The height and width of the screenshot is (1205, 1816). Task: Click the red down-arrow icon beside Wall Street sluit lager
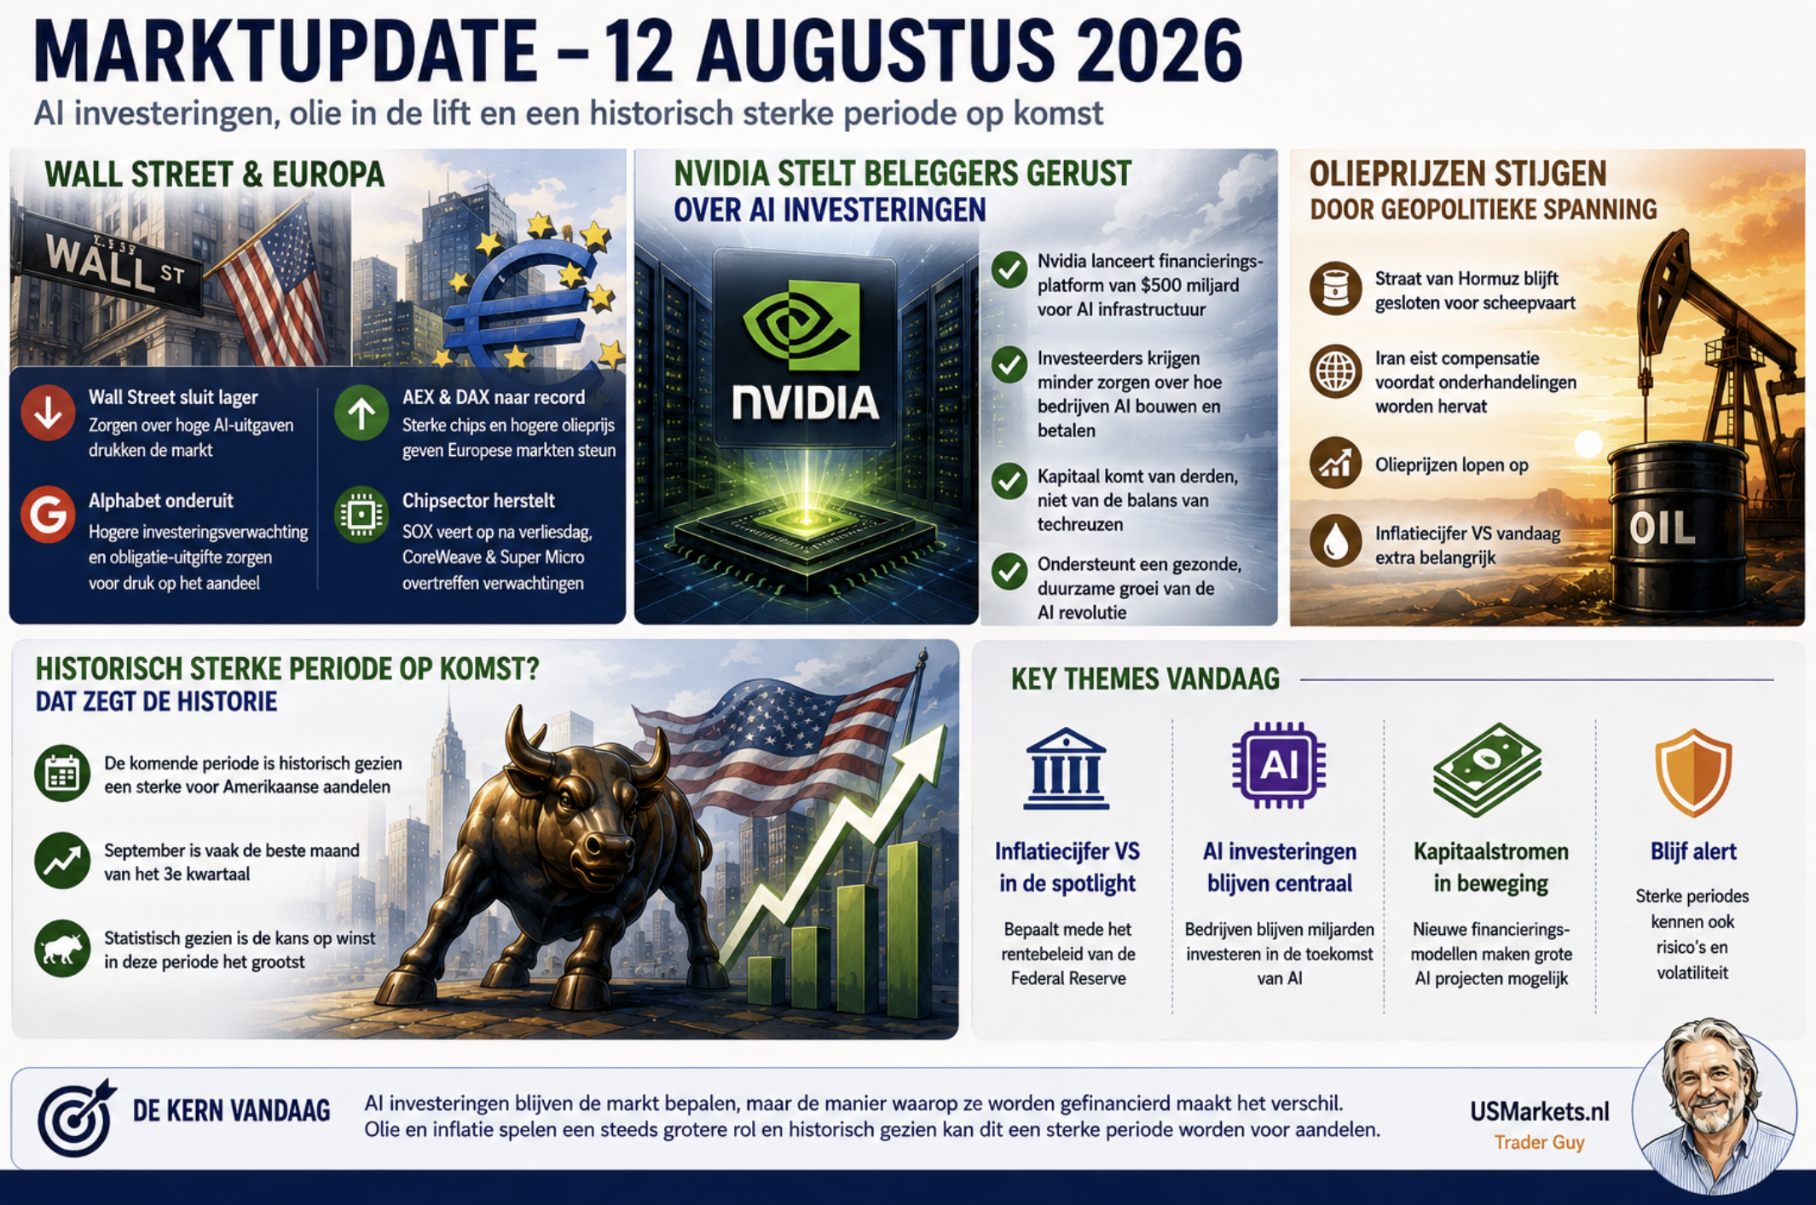point(48,412)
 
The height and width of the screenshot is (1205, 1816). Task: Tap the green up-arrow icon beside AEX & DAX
point(361,412)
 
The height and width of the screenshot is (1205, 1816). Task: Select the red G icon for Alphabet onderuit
point(48,514)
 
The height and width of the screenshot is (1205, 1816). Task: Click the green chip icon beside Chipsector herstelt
point(361,514)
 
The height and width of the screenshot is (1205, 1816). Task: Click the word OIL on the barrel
point(1662,529)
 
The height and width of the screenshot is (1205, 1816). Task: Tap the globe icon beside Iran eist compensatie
point(1335,372)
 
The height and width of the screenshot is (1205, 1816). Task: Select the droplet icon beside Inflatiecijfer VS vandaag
point(1335,541)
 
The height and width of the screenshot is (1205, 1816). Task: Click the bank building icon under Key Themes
point(1067,768)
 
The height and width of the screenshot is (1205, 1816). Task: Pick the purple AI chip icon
point(1279,764)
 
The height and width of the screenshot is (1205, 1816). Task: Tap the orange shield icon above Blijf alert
point(1693,772)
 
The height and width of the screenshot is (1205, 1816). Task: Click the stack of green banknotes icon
point(1488,768)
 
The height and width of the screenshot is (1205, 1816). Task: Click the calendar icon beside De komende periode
point(62,773)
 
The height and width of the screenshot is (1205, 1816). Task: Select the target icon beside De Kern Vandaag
point(75,1117)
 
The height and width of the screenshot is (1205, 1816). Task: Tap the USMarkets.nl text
point(1539,1111)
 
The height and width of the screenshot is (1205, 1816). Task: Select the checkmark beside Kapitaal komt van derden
point(1009,481)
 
